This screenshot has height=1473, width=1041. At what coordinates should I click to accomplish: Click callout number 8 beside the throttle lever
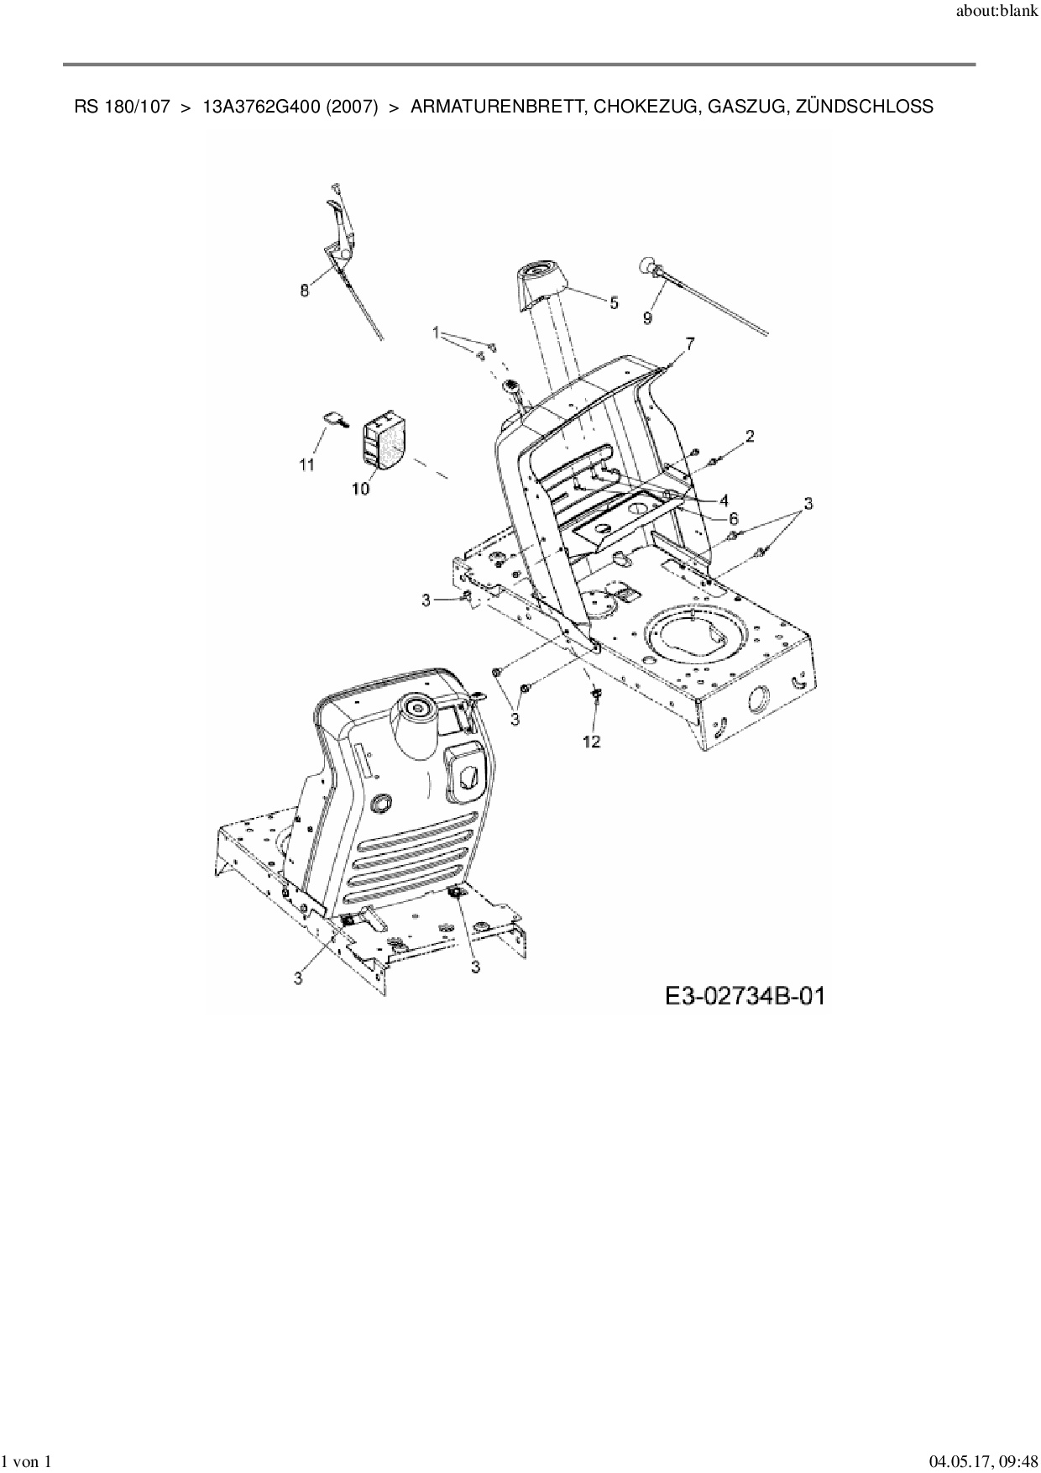tap(304, 291)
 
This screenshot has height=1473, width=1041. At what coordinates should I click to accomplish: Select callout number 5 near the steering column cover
tap(614, 302)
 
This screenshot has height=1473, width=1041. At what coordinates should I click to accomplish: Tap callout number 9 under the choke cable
tap(647, 318)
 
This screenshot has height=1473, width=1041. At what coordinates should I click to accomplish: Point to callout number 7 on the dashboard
tap(690, 343)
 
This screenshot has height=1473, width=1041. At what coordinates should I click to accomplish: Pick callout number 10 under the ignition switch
tap(360, 489)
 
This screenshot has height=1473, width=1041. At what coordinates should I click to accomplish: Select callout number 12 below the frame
tap(592, 742)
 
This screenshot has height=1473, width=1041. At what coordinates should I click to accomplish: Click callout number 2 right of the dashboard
tap(749, 435)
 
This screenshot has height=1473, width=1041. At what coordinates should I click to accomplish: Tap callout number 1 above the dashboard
tap(437, 333)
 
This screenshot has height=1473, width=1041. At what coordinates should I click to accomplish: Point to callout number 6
tap(733, 519)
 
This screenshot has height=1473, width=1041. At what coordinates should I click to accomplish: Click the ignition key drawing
tap(335, 420)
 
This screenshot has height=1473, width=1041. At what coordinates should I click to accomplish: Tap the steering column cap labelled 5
tap(538, 280)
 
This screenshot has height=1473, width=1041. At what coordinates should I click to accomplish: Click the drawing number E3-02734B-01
tap(745, 997)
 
